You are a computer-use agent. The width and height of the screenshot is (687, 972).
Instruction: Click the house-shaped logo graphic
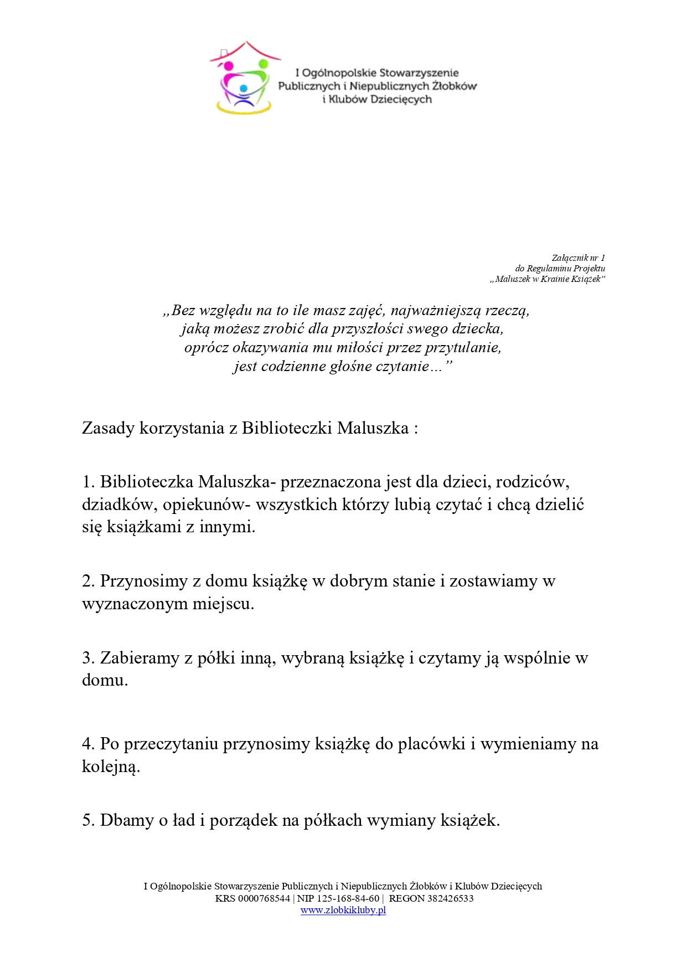point(244,78)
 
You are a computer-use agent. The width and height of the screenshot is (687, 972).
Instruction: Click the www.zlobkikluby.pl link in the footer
point(343,910)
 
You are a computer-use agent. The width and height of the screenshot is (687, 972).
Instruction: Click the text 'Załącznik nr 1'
point(578,258)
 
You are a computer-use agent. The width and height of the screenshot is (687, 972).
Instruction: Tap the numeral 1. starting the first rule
point(89,482)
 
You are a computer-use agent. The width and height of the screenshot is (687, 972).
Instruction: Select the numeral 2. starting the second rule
point(89,581)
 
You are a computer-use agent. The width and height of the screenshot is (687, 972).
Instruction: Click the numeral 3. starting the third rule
point(89,658)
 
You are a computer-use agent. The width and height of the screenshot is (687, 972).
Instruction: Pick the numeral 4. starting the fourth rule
point(89,744)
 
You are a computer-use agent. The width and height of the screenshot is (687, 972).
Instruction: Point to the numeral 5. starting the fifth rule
point(89,820)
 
